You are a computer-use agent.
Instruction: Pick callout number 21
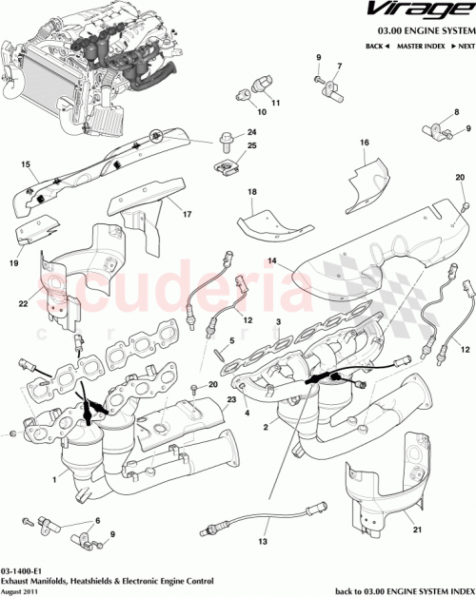point(416,514)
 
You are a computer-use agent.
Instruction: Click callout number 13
point(263,542)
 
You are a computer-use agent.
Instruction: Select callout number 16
point(364,144)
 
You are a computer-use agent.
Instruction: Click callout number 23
point(231,401)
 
